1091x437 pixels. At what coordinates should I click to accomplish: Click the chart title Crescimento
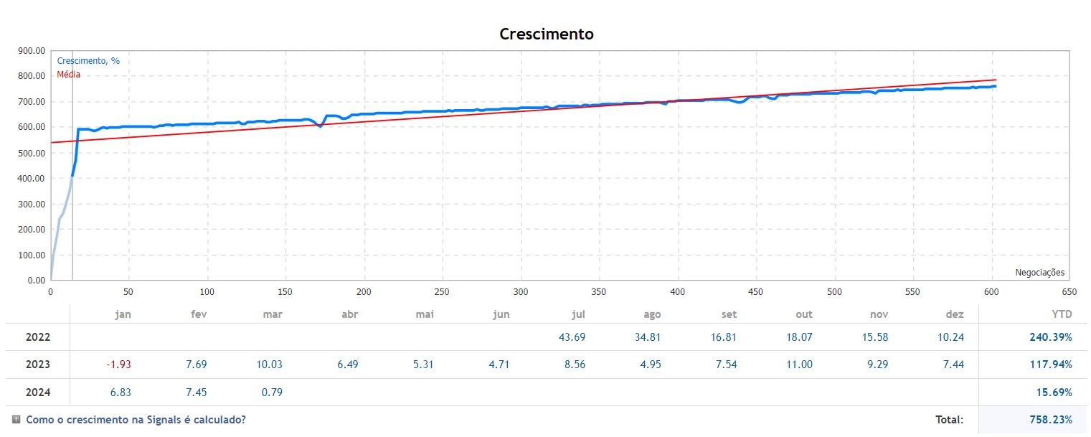(546, 34)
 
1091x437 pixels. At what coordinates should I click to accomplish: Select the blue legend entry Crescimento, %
(88, 61)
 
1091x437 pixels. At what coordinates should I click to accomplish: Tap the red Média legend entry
(69, 74)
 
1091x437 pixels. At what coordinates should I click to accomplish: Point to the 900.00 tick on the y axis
(31, 51)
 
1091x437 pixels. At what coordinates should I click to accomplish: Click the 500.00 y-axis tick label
(31, 153)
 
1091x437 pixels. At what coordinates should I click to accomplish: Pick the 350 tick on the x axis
(599, 292)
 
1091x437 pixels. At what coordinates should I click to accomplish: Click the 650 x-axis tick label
(1069, 292)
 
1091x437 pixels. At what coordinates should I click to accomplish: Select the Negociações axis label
(1039, 273)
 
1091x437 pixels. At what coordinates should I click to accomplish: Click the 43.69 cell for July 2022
(572, 337)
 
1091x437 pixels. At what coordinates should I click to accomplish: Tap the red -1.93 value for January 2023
(118, 365)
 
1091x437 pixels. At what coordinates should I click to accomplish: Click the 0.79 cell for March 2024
(273, 392)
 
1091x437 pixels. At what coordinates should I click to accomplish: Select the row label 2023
(38, 365)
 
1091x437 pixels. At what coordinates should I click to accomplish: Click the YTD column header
(1061, 314)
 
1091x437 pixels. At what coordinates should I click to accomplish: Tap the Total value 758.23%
(1051, 420)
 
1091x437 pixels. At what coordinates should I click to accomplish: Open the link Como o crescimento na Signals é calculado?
(136, 420)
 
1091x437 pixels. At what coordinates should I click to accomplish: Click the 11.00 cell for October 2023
(800, 365)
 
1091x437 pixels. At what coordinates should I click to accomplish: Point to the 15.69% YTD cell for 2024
(1054, 392)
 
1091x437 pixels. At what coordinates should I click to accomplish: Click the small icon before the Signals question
(16, 419)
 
